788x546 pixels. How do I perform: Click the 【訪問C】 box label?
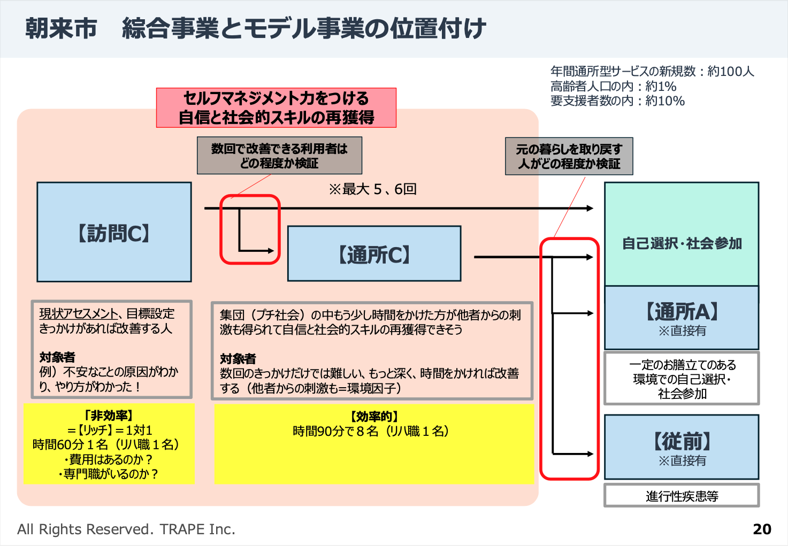tap(114, 233)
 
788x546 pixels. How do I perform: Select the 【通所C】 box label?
tap(374, 255)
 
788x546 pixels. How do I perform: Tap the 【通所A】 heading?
tap(682, 311)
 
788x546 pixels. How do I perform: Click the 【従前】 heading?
tap(682, 442)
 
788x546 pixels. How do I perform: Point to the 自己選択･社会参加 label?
tap(682, 244)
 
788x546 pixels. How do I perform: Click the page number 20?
tap(762, 529)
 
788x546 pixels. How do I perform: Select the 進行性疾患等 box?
tap(682, 496)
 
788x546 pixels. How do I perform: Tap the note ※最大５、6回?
tap(372, 189)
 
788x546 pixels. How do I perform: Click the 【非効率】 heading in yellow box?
tap(108, 416)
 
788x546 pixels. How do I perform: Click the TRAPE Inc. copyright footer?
tap(126, 529)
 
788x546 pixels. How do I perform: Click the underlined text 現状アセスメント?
tap(78, 314)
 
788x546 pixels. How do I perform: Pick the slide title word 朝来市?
tap(61, 28)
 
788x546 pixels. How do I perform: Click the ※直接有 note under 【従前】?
tap(682, 460)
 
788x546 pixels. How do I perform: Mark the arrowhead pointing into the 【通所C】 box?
tap(271, 250)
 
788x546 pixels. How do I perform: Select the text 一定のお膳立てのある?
tap(682, 365)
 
